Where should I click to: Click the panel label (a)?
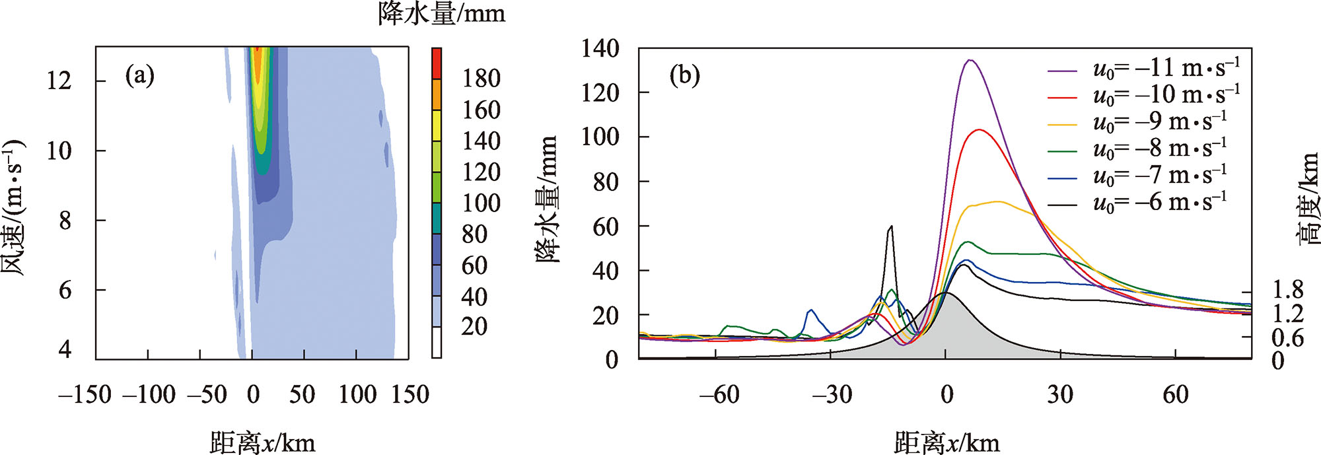(x=140, y=76)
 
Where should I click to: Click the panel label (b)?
(x=684, y=76)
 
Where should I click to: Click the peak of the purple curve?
(x=970, y=61)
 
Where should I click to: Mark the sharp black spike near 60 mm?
(x=891, y=227)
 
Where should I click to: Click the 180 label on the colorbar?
(x=481, y=79)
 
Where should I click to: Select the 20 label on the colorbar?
(x=474, y=326)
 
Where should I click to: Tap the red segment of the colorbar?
(x=437, y=63)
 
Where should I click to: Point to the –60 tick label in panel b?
(x=719, y=395)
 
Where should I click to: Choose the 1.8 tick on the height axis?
(x=1287, y=290)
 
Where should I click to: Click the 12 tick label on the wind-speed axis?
(x=59, y=81)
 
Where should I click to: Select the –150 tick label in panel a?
(x=85, y=395)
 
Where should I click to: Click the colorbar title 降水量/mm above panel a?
(x=441, y=13)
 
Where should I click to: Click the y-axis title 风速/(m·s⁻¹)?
(x=15, y=208)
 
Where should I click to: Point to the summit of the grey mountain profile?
(x=945, y=293)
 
